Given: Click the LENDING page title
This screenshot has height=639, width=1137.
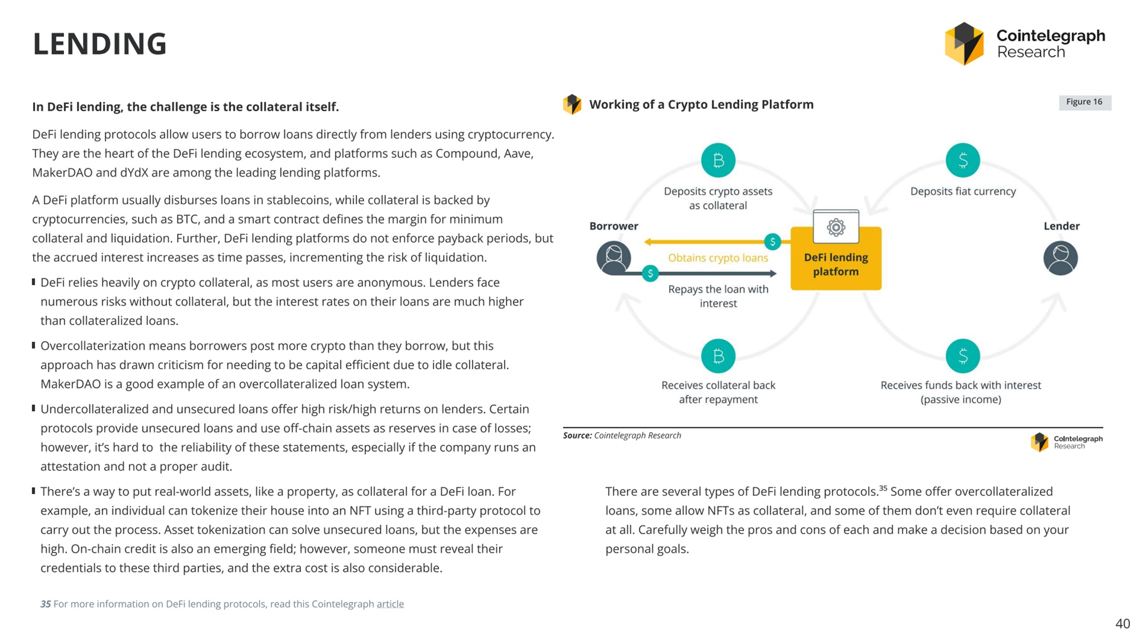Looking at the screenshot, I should click(99, 44).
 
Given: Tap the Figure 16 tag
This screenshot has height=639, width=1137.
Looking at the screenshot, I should click(1084, 102).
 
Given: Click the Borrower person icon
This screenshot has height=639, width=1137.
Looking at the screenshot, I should click(614, 258).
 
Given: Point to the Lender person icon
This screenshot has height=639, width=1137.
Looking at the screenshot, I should click(1060, 258).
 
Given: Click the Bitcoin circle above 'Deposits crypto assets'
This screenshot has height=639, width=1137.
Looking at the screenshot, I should click(718, 160).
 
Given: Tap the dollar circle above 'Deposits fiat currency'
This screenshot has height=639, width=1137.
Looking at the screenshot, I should click(962, 160).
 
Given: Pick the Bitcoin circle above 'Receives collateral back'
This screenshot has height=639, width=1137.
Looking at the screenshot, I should click(718, 356).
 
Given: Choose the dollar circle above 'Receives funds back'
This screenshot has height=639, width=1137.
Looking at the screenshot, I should click(962, 356).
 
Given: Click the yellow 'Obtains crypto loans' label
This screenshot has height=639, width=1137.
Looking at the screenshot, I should click(718, 258).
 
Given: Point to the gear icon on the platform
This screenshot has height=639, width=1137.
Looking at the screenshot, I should click(836, 227).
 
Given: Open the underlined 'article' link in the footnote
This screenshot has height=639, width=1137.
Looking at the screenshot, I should click(390, 604).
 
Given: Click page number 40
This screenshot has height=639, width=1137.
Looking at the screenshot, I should click(1122, 624).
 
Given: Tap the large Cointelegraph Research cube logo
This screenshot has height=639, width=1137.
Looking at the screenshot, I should click(963, 43).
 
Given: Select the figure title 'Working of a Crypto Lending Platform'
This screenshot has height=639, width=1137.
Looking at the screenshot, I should click(701, 105).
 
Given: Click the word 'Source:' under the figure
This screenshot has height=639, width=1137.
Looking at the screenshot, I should click(577, 435).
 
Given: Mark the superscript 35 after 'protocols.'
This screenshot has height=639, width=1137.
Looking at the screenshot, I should click(883, 488).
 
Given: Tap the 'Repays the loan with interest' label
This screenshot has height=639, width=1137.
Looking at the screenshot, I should click(718, 296).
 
